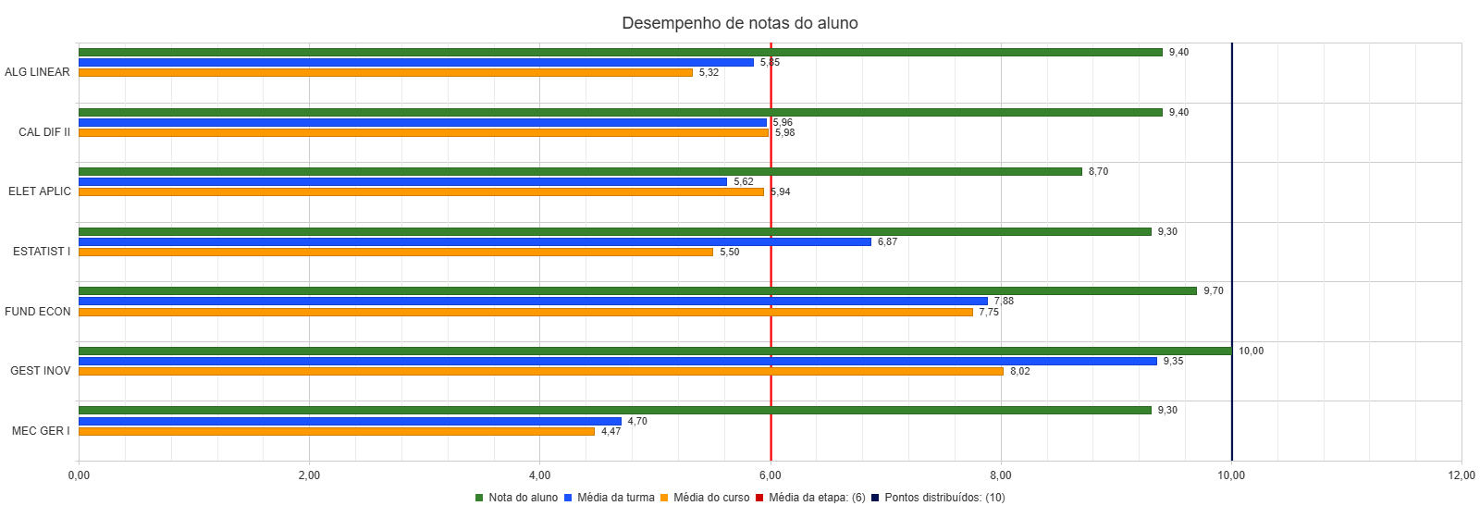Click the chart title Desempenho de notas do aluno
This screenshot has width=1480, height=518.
coord(739,23)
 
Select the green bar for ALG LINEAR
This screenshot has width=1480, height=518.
coord(620,53)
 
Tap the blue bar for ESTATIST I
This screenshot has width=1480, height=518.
coord(475,241)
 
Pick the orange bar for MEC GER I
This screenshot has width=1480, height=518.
coord(337,431)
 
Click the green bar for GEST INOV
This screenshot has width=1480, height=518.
coord(655,351)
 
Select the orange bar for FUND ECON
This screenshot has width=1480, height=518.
coord(525,312)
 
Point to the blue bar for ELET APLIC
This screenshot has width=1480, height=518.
coord(402,182)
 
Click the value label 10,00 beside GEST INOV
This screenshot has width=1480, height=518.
coord(1251,351)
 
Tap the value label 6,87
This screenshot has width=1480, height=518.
coord(887,242)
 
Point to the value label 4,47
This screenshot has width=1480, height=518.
coord(610,432)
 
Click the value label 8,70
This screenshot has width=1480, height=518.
coord(1098,172)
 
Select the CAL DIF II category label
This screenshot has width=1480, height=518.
coord(44,132)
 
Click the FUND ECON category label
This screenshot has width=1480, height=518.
coord(38,312)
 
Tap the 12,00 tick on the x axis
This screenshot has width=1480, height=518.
coord(1461,475)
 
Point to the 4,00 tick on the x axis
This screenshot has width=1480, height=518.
coord(539,475)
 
